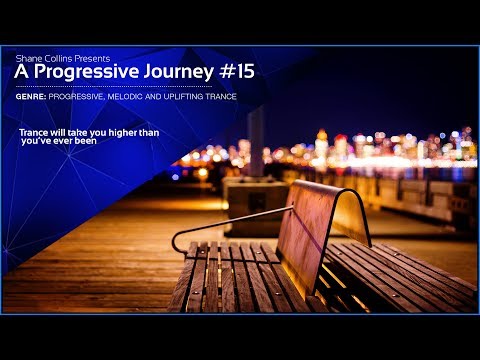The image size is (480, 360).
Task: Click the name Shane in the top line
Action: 28,59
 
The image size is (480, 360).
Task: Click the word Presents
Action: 91,59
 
